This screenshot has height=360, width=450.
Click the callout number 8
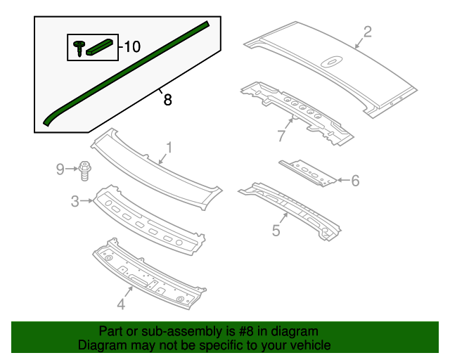coord(167,100)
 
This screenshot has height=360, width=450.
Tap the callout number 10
coord(131,47)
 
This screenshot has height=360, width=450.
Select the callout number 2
coord(367,31)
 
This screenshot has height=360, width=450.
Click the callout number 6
coord(355,181)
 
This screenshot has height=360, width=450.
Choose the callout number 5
coord(276,230)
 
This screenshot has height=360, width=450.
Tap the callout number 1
coord(169,147)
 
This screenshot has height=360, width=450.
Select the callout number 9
coord(60,168)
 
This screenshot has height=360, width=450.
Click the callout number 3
coord(75,202)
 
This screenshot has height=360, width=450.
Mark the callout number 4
coord(120,304)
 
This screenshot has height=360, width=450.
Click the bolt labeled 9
coord(86,169)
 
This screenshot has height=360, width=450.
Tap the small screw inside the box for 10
coord(77,48)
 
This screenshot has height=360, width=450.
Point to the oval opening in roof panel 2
coord(330,63)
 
